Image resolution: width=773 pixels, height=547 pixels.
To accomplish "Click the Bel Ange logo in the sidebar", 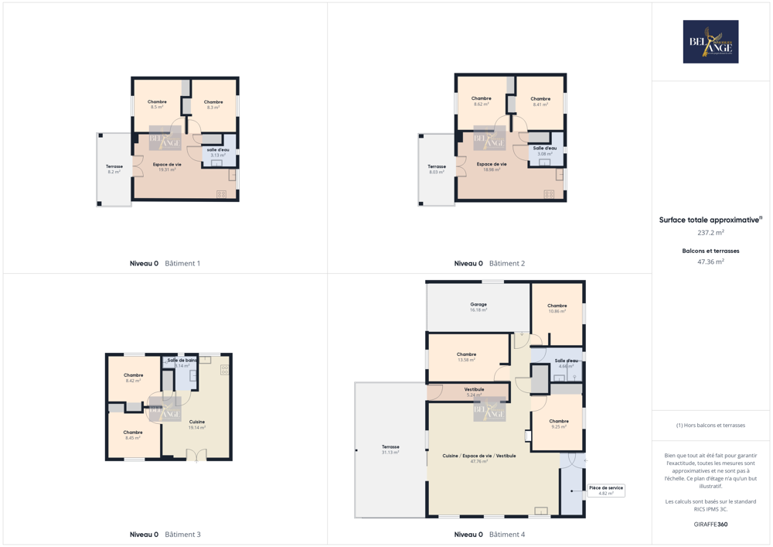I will tap(710, 42).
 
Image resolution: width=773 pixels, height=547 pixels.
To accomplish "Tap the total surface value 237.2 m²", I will tap(710, 232).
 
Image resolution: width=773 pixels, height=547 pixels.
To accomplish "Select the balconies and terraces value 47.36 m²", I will tap(710, 262).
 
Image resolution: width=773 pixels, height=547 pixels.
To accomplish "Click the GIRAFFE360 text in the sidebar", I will tap(710, 525).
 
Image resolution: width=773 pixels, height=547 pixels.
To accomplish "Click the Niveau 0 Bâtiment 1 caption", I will tap(165, 263).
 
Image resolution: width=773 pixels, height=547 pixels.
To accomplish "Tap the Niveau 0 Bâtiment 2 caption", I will tap(489, 263).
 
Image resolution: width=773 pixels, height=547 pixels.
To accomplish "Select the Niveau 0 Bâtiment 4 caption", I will tap(489, 534).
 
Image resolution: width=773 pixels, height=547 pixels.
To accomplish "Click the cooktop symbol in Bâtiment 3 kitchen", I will tap(224, 370).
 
